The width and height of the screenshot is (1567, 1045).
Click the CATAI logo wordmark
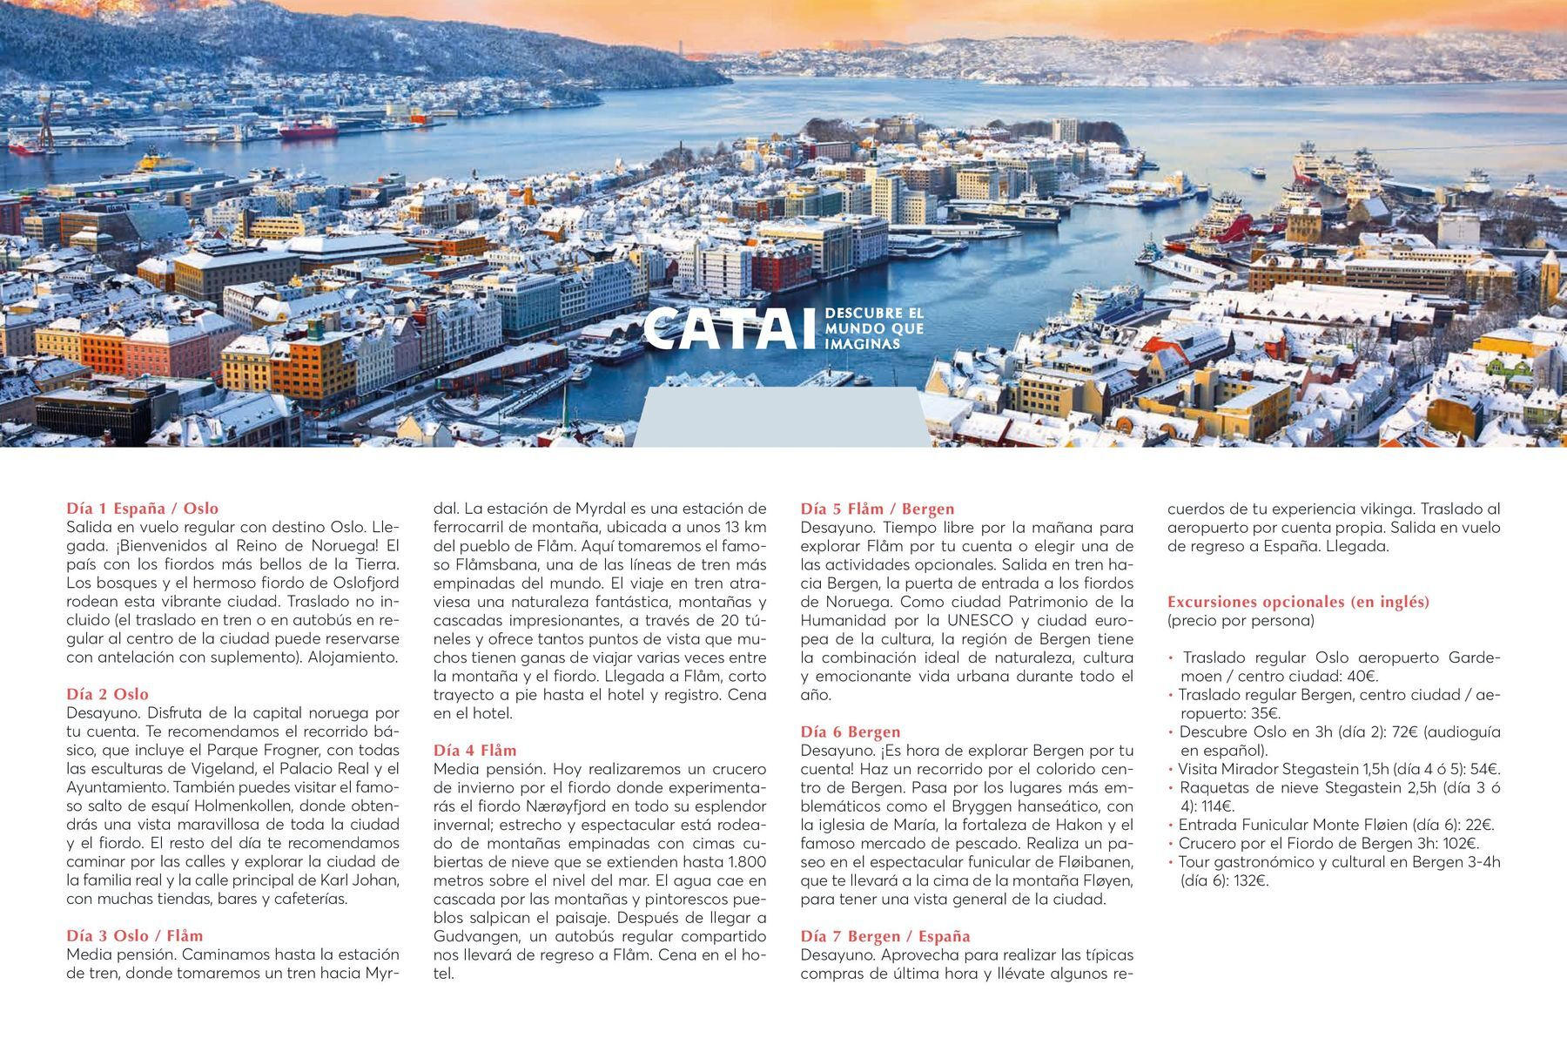[x=732, y=329]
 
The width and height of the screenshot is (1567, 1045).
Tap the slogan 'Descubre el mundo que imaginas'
[x=873, y=328]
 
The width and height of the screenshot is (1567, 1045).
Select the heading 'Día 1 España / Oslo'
[x=143, y=509]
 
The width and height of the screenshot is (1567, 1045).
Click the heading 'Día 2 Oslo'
[x=108, y=694]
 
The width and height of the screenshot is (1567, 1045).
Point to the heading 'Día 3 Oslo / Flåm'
[x=135, y=936]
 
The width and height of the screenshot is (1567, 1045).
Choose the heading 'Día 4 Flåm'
[x=475, y=750]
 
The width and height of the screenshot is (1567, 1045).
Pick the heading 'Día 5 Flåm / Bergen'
[x=878, y=509]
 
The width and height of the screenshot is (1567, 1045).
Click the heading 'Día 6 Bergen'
[x=851, y=731]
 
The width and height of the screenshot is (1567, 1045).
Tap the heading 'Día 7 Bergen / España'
[x=885, y=936]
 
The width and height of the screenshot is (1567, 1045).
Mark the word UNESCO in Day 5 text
[x=980, y=620]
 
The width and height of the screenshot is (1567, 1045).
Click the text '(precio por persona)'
[x=1241, y=621]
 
